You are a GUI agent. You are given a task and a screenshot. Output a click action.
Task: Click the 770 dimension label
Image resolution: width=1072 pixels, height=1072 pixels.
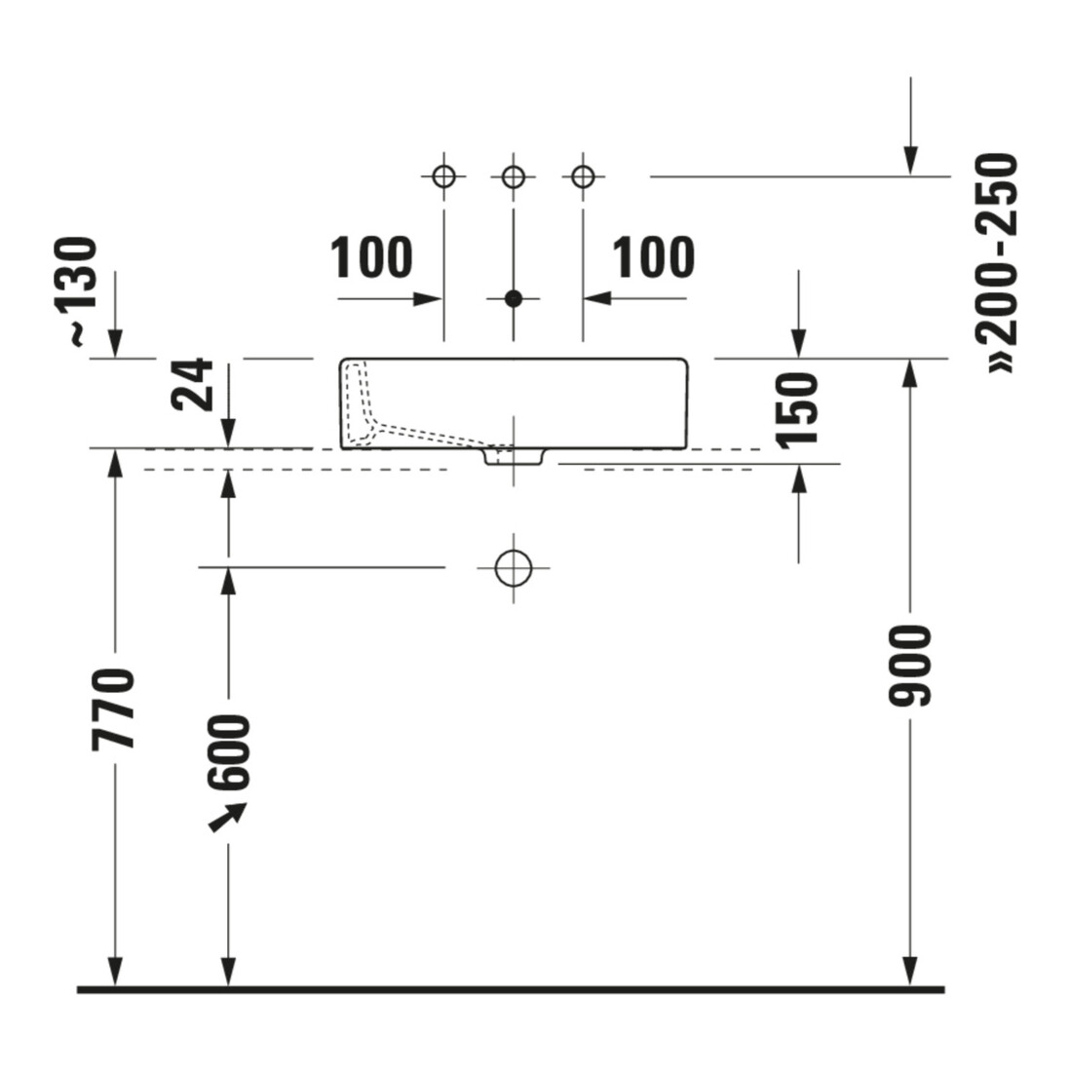[x=114, y=708]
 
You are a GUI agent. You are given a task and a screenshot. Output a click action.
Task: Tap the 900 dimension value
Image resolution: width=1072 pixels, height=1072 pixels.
[x=910, y=665]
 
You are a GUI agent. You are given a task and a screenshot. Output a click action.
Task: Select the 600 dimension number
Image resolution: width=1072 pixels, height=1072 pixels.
[x=229, y=752]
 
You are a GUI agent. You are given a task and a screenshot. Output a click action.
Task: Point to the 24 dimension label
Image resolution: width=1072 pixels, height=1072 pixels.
[x=192, y=384]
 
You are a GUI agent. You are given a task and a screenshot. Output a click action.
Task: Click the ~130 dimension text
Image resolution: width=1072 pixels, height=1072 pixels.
[x=82, y=291]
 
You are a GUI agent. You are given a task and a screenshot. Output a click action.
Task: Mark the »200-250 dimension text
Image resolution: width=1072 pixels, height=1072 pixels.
[x=998, y=263]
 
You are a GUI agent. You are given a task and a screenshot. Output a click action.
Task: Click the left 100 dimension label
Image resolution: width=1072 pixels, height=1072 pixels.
[x=372, y=257]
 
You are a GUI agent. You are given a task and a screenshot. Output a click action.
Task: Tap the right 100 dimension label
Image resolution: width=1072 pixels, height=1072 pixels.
[x=653, y=257]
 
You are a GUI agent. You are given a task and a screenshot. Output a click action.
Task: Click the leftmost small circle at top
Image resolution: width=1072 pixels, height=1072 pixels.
[x=443, y=176]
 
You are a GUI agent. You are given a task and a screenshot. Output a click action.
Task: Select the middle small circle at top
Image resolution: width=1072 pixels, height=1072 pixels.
[x=514, y=177]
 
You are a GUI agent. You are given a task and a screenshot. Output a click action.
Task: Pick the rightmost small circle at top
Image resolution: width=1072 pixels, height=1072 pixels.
[x=583, y=176]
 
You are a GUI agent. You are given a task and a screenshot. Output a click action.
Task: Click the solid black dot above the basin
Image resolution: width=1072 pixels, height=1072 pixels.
[x=514, y=299]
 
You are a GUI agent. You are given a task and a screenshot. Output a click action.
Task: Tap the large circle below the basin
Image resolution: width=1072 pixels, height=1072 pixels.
[x=514, y=567]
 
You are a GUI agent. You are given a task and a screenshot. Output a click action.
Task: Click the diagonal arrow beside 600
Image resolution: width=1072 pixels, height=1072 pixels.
[x=227, y=817]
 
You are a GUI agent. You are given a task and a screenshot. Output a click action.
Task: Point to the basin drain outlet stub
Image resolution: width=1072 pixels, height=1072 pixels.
[x=514, y=456]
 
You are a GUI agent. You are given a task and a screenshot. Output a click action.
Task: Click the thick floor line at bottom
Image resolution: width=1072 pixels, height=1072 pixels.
[x=511, y=989]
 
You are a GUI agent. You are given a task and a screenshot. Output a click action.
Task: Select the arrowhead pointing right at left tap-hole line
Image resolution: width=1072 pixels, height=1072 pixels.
[x=428, y=299]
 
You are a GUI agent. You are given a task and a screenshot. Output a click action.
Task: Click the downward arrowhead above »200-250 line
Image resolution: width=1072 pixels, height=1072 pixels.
[x=910, y=162]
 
